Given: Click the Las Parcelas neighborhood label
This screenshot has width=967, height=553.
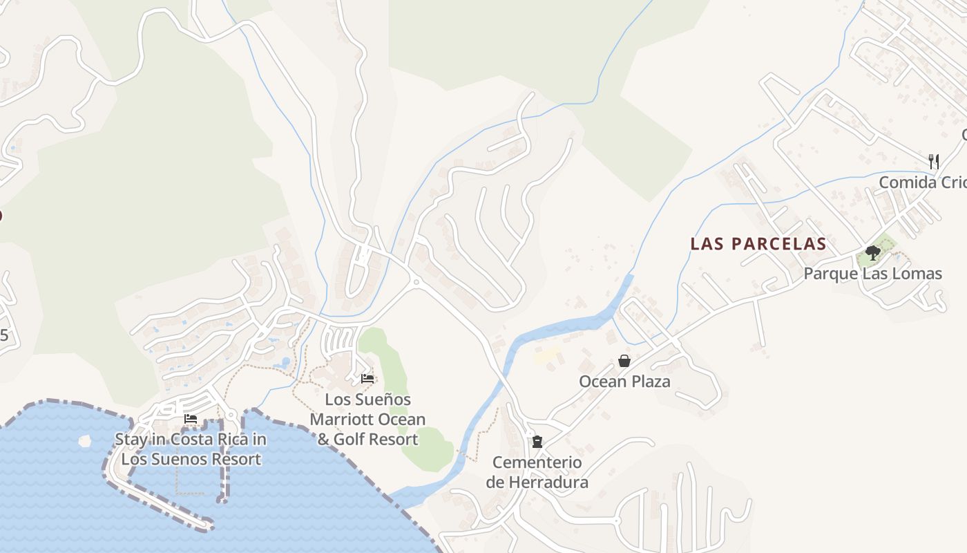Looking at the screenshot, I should tap(758, 244).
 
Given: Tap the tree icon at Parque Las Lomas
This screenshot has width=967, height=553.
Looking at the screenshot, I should tap(872, 252).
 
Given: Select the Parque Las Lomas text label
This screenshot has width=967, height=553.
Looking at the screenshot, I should tap(872, 274).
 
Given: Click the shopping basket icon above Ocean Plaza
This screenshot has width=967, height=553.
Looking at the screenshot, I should tap(624, 361).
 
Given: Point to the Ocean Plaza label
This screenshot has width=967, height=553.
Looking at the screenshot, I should tap(624, 382).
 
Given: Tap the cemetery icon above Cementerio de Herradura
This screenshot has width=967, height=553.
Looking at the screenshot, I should tap(537, 441).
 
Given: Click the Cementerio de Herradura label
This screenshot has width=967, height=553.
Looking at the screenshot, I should tap(537, 472).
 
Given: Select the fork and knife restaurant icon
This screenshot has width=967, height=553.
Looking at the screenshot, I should tap(934, 162).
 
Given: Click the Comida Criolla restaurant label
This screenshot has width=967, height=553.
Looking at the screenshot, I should tap(922, 182).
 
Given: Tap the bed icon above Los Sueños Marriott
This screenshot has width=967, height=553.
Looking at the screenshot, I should tap(367, 379).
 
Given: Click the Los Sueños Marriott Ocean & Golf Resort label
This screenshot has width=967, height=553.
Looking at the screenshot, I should tap(367, 419).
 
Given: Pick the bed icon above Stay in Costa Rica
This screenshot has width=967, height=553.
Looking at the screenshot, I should tap(191, 419).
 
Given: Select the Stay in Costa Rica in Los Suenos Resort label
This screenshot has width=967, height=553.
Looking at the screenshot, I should tap(191, 449).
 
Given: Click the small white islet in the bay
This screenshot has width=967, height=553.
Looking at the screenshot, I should tap(85, 440).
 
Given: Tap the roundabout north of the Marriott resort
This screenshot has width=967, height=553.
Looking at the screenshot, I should tap(415, 281).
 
